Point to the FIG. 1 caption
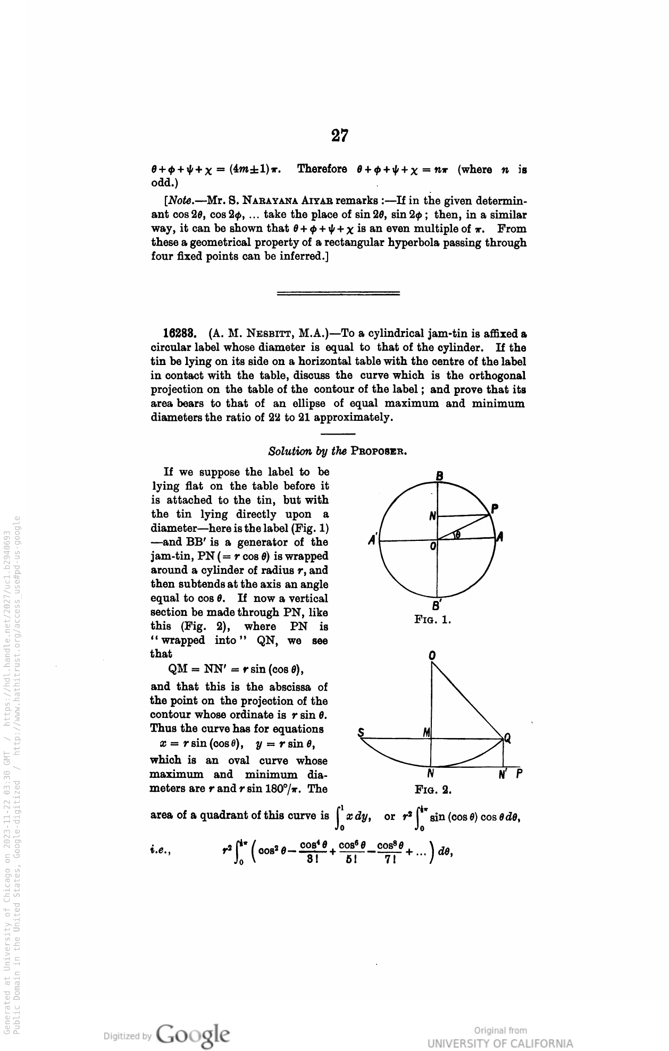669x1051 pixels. click(433, 620)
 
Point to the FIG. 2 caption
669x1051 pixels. click(433, 790)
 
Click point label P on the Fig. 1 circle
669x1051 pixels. click(495, 508)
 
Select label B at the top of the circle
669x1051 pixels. click(439, 476)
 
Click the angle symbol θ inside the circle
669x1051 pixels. click(456, 535)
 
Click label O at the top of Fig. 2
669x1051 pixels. click(432, 656)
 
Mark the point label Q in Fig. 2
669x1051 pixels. click(508, 738)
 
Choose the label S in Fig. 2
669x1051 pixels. click(361, 732)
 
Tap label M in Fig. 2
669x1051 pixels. click(427, 732)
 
